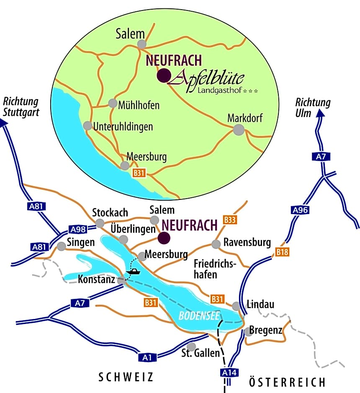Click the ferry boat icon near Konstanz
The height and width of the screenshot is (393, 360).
[x=134, y=272]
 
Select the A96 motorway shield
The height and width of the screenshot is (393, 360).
[x=300, y=209]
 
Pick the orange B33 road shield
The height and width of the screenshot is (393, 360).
[x=230, y=219]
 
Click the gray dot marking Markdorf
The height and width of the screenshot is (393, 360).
[x=238, y=130]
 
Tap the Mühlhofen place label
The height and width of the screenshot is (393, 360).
[x=139, y=105]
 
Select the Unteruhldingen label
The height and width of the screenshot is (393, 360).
[x=123, y=126]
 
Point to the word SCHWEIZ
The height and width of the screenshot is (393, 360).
[x=126, y=378]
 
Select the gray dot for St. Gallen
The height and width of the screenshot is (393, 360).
[x=191, y=347]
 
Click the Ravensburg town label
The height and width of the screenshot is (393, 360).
[x=247, y=242]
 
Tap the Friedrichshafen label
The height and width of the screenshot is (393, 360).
[x=215, y=269]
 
